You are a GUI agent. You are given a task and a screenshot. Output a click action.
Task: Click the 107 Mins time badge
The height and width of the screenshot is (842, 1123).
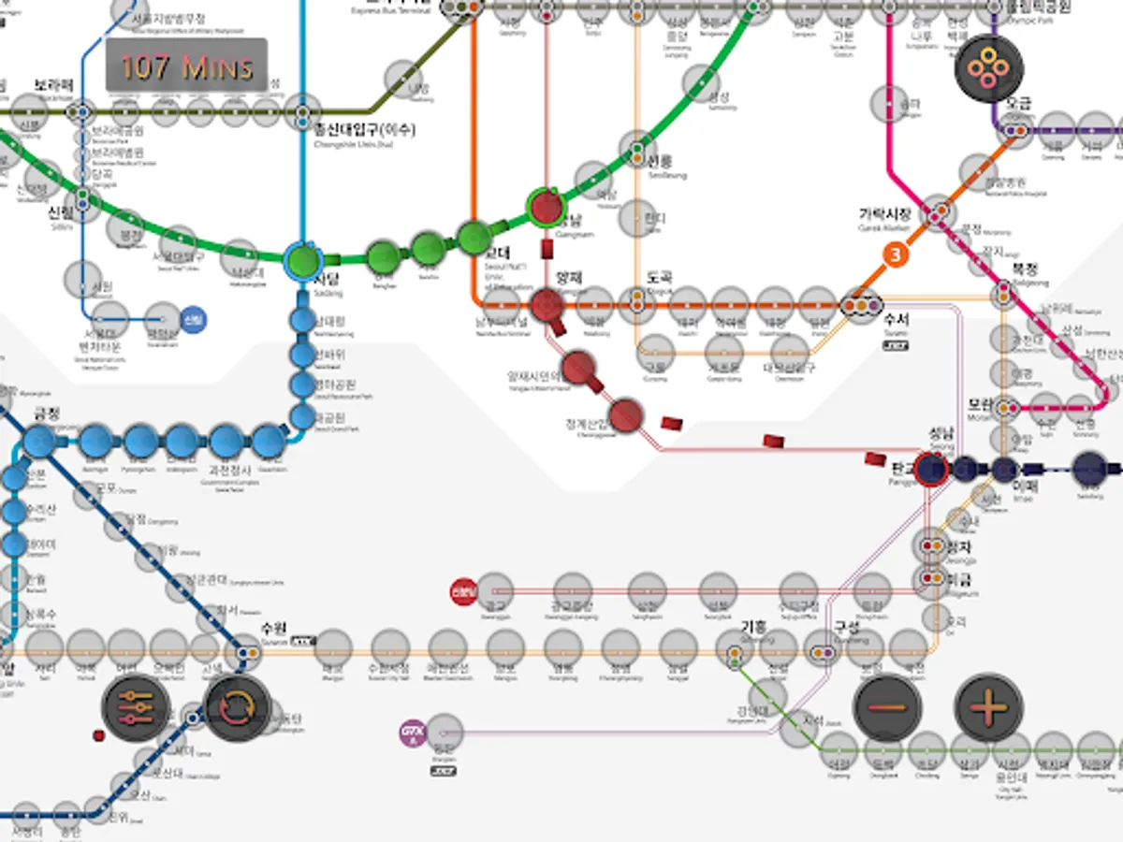tap(186, 65)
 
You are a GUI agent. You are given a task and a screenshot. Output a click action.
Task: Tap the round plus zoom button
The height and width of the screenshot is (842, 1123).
tap(988, 707)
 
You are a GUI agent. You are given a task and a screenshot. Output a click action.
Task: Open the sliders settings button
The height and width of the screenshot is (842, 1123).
tap(136, 708)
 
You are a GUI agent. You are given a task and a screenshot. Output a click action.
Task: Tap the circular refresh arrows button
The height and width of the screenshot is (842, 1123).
tap(237, 708)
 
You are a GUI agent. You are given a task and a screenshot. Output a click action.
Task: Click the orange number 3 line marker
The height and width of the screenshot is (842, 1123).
tap(897, 254)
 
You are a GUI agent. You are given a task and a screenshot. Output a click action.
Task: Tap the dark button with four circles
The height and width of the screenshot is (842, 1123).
tap(988, 68)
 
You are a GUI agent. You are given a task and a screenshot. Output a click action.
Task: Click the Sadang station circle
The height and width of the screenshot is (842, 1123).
tap(302, 259)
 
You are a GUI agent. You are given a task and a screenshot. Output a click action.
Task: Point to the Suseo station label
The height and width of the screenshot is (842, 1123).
tap(896, 320)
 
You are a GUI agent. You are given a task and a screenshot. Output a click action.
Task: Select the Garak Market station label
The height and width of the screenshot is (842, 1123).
tap(884, 214)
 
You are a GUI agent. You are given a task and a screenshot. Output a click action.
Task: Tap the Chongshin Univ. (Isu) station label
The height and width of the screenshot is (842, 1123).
tap(365, 130)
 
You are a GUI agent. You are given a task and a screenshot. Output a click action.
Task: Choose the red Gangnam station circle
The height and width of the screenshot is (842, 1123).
tap(546, 206)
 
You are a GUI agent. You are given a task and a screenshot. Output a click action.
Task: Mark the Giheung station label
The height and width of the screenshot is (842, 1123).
tap(753, 626)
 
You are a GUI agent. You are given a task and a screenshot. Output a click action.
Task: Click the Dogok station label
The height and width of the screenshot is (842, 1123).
tap(660, 278)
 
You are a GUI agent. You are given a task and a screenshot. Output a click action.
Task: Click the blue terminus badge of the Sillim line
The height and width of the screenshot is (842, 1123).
tap(194, 320)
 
